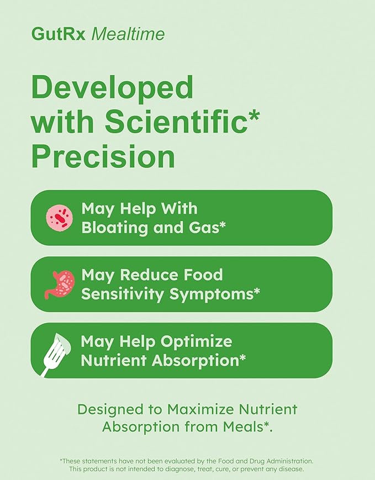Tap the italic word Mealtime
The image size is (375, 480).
tap(128, 34)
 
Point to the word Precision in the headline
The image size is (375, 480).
tap(103, 157)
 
